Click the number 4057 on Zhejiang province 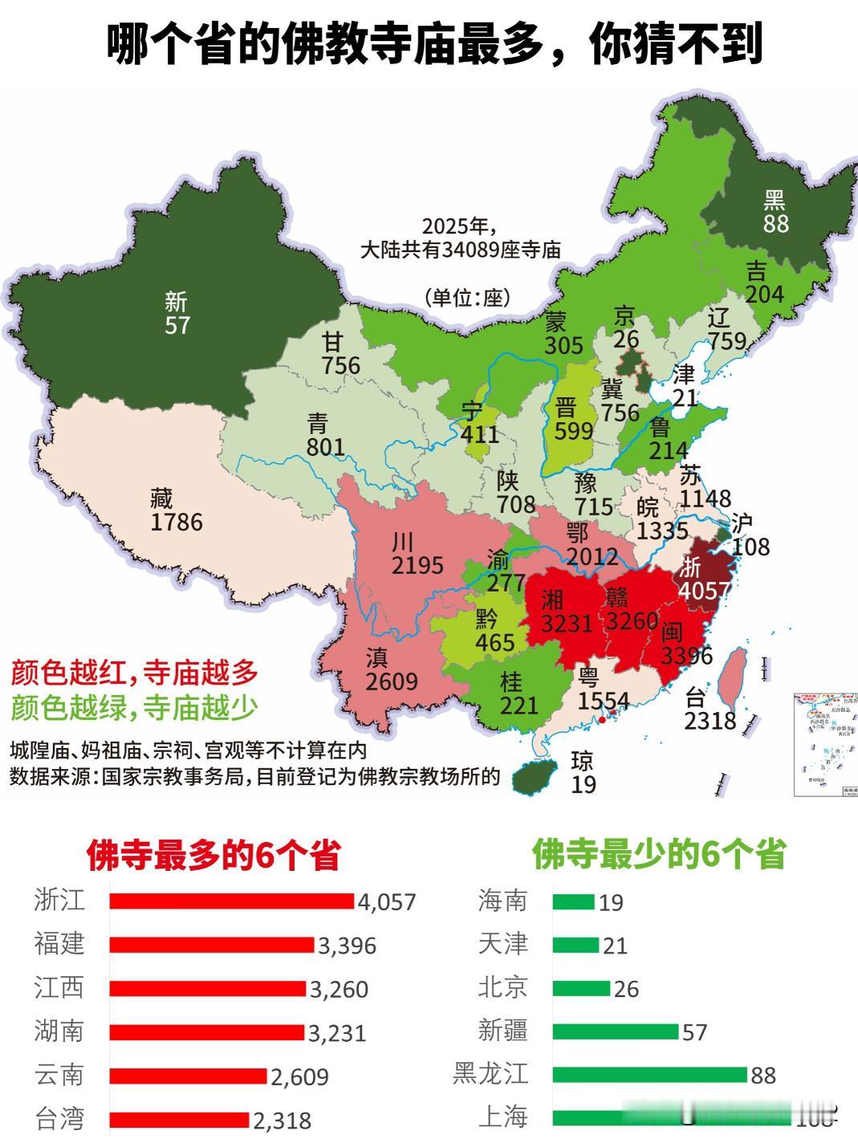(x=704, y=591)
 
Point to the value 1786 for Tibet (x=177, y=523)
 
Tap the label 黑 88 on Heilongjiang (x=775, y=212)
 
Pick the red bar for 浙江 (x=231, y=901)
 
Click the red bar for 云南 (x=188, y=1076)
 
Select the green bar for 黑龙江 (x=649, y=1074)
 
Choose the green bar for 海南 (x=573, y=901)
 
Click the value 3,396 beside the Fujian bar (x=347, y=946)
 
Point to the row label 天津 (x=502, y=944)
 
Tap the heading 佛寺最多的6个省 (x=213, y=856)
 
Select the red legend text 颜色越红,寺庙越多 (x=135, y=673)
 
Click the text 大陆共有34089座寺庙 (x=460, y=250)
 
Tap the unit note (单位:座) (x=468, y=297)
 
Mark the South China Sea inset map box (x=825, y=743)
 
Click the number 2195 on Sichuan (x=417, y=565)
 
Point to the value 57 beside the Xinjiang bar (x=694, y=1031)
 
